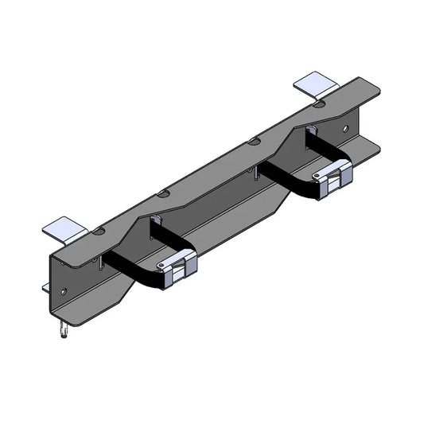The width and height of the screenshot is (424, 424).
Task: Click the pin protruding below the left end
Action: tap(61, 329)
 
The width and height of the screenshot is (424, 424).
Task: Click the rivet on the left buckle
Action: tap(161, 267)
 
